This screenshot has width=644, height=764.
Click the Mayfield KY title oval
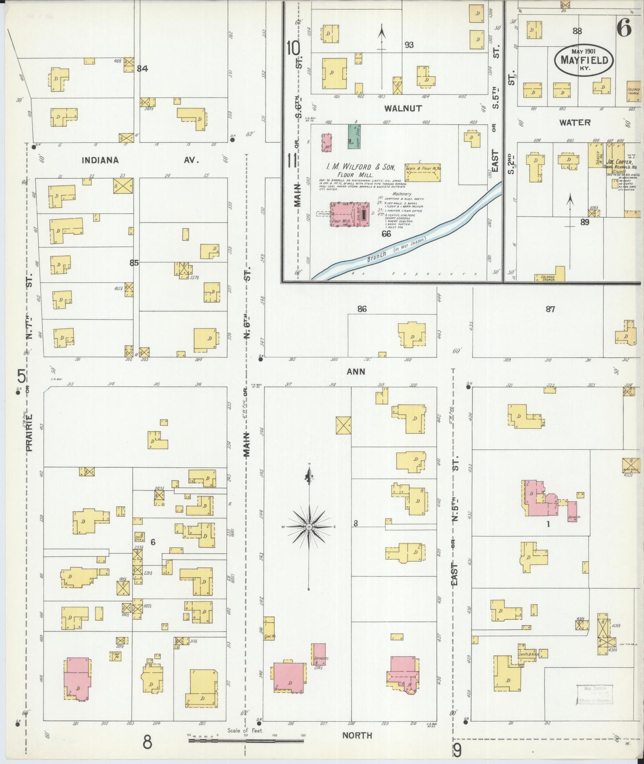coord(584,60)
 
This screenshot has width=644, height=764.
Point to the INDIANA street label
coord(100,160)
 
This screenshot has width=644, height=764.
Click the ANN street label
coord(356,371)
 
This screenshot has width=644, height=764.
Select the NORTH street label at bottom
coord(357,735)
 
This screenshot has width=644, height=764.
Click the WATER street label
coord(575,122)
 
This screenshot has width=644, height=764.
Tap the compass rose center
coord(309,527)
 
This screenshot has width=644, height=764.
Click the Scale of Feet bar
coord(246,741)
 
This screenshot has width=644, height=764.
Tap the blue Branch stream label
coord(397,247)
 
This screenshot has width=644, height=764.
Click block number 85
coord(134,263)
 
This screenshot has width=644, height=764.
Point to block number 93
coord(409,45)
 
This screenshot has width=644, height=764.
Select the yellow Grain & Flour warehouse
coord(422,173)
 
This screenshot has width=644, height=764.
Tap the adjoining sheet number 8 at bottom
coord(147,743)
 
